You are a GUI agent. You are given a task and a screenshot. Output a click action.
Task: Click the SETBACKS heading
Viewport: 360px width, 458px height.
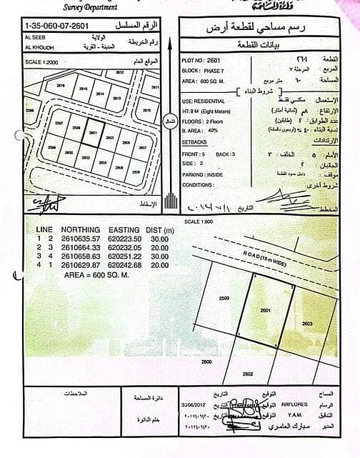point(197,142)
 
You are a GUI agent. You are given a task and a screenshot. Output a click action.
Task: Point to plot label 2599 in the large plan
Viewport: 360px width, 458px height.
point(224,298)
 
